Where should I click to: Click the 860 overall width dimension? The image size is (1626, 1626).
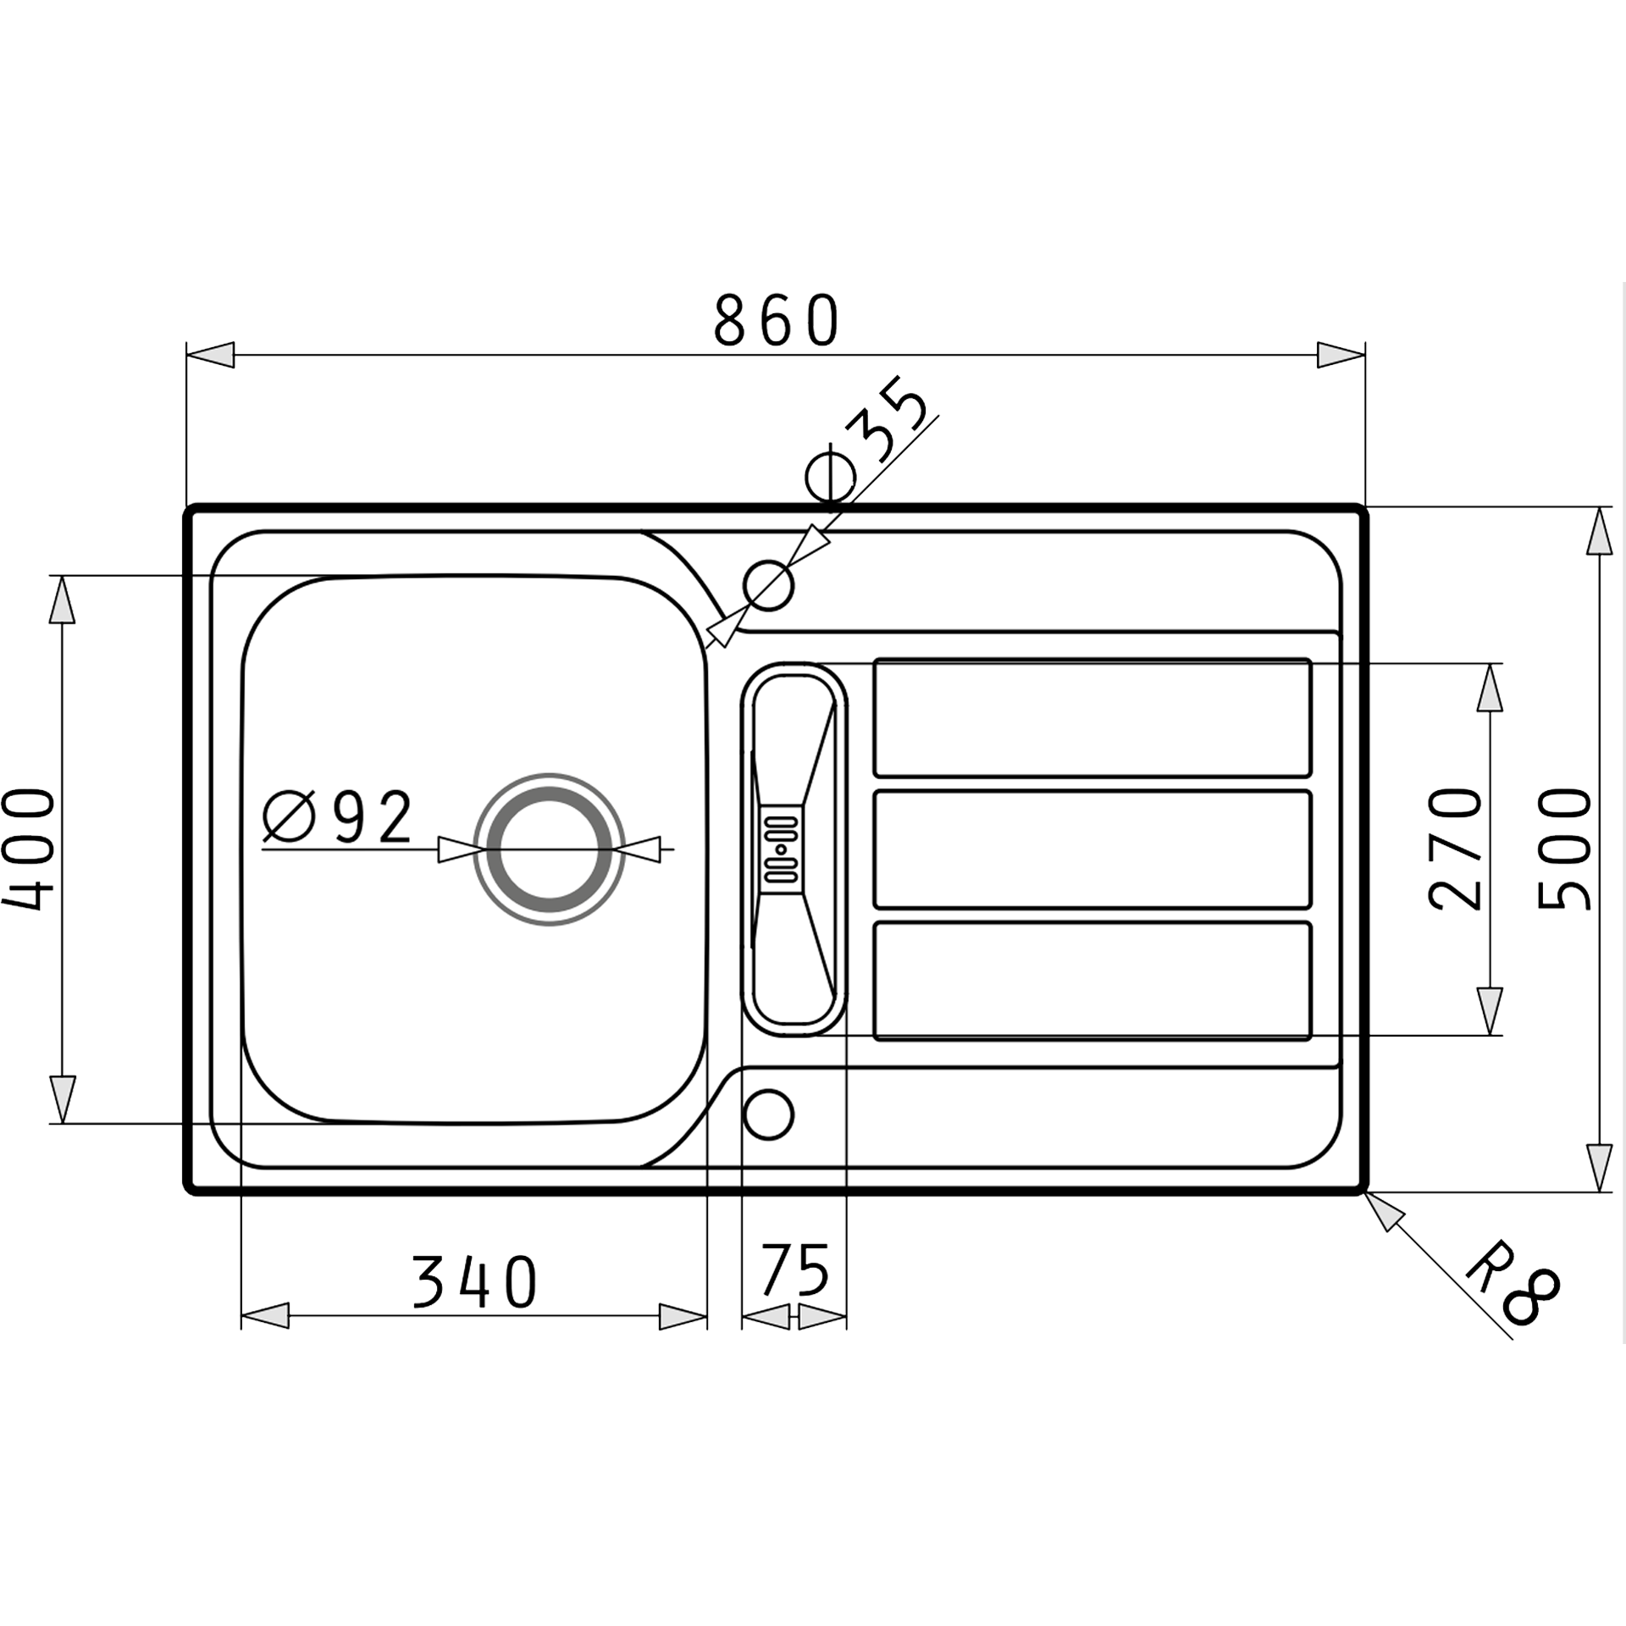[776, 321]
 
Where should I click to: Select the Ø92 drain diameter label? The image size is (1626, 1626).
[338, 819]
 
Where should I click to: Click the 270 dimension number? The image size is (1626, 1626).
[1456, 848]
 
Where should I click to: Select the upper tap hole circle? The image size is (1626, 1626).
[768, 584]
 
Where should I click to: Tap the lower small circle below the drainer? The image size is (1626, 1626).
[767, 1114]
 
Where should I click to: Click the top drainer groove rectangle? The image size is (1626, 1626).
[1092, 717]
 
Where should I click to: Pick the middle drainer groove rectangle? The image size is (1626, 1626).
[1092, 849]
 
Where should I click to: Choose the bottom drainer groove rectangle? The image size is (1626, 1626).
[1092, 981]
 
